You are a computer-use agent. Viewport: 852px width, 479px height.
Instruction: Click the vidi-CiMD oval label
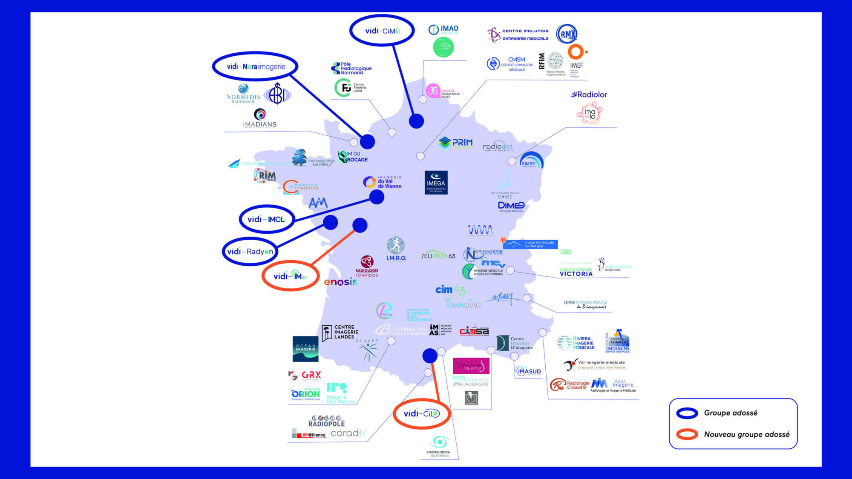pos(382,31)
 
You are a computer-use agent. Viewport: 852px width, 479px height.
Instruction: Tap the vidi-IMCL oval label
pos(267,219)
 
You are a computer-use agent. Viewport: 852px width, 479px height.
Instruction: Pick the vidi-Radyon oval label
pos(250,252)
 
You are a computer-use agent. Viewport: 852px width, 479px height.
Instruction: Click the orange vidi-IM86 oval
pos(290,276)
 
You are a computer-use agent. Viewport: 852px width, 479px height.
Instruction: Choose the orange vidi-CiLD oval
pos(421,413)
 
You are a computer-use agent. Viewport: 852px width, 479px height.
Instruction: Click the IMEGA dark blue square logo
pos(436,183)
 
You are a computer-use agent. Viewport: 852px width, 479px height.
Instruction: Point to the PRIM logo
pos(456,143)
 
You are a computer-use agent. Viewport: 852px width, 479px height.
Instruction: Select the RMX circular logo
pos(567,34)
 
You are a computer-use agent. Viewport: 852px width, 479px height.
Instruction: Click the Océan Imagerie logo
pos(305,349)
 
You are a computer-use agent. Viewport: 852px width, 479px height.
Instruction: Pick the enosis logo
pos(340,282)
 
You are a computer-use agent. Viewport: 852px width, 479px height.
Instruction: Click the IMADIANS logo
pos(259,118)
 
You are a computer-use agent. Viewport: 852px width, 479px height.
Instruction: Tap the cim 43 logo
pos(450,290)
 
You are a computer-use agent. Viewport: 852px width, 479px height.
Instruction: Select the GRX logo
pos(305,375)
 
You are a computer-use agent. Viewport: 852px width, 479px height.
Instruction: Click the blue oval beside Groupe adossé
pos(687,413)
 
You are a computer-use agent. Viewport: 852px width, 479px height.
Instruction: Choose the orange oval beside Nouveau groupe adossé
pos(687,434)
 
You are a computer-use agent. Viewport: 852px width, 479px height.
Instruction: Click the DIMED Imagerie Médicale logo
pos(511,207)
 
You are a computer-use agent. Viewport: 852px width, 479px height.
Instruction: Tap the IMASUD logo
pos(528,371)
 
